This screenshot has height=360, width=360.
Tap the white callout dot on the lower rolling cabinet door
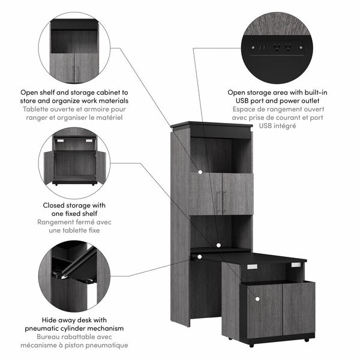256,298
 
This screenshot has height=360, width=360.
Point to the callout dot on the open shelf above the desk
220,245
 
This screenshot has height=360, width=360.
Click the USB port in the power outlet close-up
262,47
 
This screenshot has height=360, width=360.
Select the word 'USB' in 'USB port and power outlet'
237,101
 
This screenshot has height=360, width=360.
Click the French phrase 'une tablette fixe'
74,230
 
